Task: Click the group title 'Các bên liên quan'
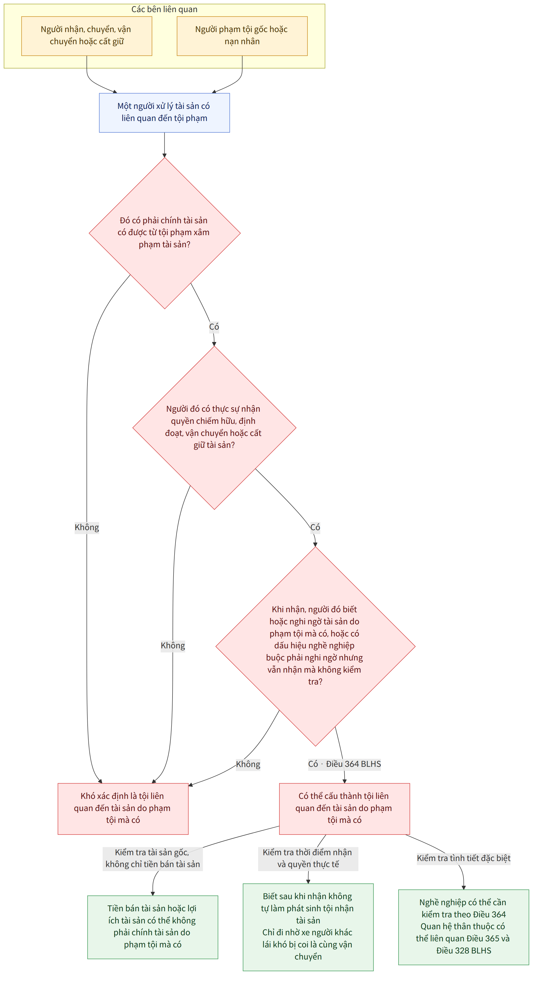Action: tap(164, 9)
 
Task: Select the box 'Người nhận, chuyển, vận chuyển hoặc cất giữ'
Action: tap(87, 36)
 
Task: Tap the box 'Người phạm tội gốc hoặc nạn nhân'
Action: tap(242, 36)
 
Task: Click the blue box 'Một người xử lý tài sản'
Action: tap(164, 112)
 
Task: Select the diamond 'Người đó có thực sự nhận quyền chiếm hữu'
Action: tap(214, 427)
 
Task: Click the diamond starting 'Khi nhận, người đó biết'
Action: tap(315, 646)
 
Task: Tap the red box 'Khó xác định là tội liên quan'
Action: tap(123, 808)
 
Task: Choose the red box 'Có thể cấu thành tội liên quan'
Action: tap(344, 808)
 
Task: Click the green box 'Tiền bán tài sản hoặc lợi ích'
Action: tap(153, 927)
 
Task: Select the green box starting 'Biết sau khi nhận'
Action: tap(308, 927)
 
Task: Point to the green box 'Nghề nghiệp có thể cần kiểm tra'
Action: tap(463, 927)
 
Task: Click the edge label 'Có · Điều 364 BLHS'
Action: tap(345, 764)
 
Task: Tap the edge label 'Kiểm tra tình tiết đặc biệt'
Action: tap(463, 858)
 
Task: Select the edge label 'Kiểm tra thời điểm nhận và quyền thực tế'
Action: tap(308, 858)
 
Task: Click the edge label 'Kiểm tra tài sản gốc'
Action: tap(153, 858)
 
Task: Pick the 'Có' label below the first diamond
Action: tap(214, 327)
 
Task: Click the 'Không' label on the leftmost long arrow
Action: tap(87, 527)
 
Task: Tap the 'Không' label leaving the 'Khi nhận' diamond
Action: tap(248, 764)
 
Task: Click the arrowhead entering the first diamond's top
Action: tap(164, 155)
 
